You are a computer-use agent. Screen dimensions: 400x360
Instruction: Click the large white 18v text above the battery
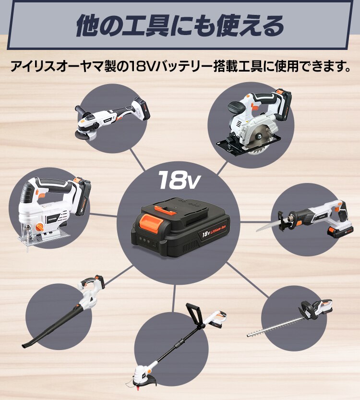(179, 180)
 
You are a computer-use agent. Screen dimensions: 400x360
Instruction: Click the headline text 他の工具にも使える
(180, 26)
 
